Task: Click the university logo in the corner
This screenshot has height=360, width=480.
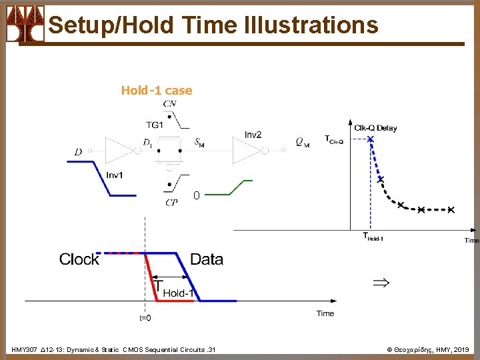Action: pos(25,23)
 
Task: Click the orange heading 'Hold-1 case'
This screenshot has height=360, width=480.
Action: pos(157,91)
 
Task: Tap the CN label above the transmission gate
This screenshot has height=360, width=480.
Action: pos(170,104)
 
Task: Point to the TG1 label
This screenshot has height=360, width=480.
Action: pos(155,124)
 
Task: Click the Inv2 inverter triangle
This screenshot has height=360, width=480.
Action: pos(247,150)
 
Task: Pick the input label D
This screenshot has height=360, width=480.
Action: pos(79,153)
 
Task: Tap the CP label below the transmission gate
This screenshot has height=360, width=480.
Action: pos(171,203)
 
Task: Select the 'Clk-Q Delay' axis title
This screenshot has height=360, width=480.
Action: pos(375,128)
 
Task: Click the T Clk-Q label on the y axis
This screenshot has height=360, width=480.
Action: pos(333,139)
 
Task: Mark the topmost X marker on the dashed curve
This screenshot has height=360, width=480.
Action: pos(371,139)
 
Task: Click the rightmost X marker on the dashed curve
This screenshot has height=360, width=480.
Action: pos(451,210)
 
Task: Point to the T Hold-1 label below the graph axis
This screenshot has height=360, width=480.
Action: pos(373,237)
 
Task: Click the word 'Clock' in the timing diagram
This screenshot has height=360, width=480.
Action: pos(79,259)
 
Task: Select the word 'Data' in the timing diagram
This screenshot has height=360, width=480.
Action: pos(207,259)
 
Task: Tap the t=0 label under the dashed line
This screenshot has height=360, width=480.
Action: pos(145,318)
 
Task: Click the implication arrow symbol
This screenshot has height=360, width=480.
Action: pos(379,283)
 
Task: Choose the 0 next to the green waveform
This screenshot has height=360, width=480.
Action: pos(197,196)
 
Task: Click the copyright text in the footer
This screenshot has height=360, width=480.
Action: pos(429,349)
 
